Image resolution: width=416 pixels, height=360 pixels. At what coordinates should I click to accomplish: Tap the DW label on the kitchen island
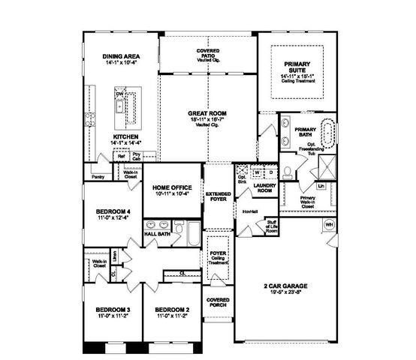tap(119, 94)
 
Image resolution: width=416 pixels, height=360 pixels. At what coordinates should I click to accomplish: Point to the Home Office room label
tap(173, 187)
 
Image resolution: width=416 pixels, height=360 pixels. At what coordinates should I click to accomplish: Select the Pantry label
tap(97, 177)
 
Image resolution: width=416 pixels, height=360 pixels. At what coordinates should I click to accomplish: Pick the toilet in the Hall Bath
tap(177, 226)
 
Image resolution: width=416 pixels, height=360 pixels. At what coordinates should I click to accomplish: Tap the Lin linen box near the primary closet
tap(321, 184)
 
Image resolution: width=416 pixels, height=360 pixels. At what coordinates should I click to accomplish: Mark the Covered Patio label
tap(208, 54)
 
